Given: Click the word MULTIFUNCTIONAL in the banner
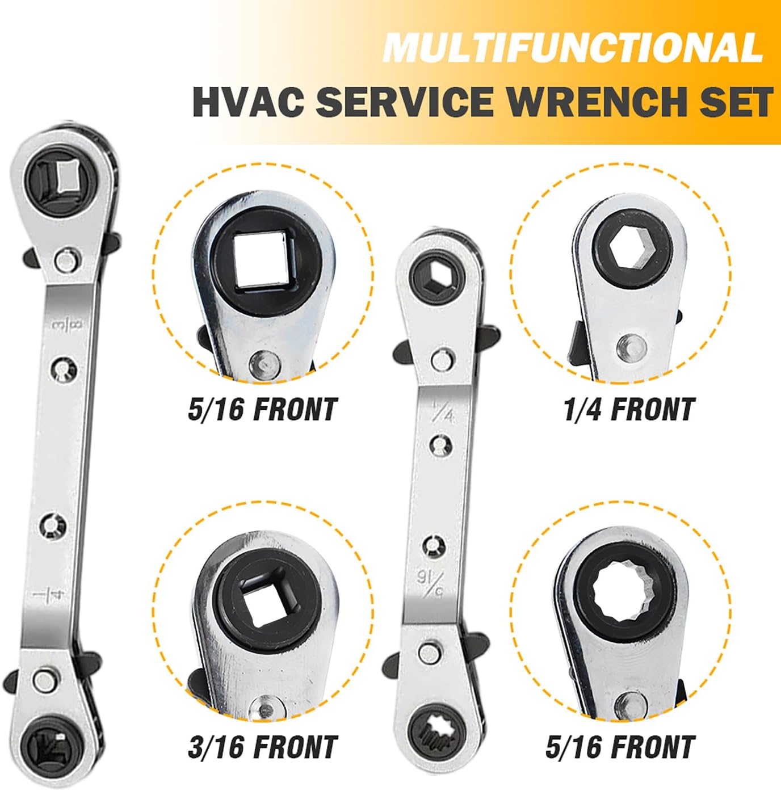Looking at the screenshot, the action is click(x=572, y=48).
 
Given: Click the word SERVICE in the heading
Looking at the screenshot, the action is click(x=404, y=100).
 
